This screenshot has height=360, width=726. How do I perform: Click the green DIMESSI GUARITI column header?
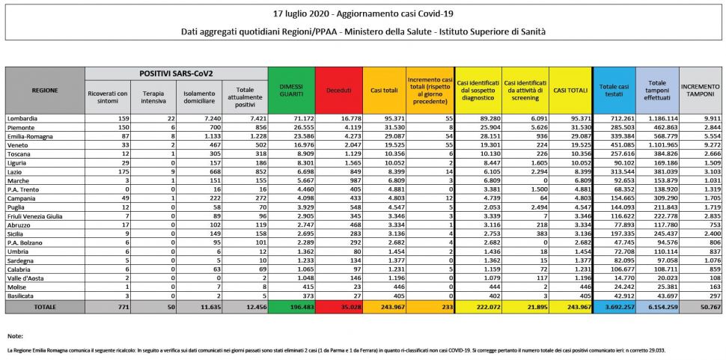point(292,89)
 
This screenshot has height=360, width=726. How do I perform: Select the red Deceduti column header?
point(338,89)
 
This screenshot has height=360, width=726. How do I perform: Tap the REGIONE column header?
point(44,89)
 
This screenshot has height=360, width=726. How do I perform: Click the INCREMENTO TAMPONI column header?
point(701,89)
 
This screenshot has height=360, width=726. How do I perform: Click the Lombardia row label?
point(22,118)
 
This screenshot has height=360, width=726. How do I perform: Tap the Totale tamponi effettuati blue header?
point(657,89)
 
